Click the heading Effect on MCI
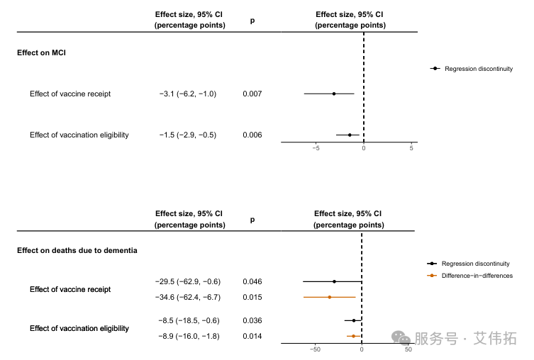pyautogui.click(x=41, y=53)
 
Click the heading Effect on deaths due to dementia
pyautogui.click(x=77, y=250)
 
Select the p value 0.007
pyautogui.click(x=252, y=94)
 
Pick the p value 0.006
pyautogui.click(x=252, y=135)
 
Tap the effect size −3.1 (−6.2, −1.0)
pyautogui.click(x=188, y=94)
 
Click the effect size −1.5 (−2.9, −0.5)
pyautogui.click(x=188, y=135)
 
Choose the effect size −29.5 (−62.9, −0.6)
pyautogui.click(x=188, y=281)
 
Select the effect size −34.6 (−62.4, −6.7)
pyautogui.click(x=188, y=297)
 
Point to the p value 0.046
pyautogui.click(x=252, y=281)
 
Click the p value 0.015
pyautogui.click(x=252, y=297)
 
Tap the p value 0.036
pyautogui.click(x=252, y=320)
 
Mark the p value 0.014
pyautogui.click(x=252, y=336)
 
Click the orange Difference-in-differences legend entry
pyautogui.click(x=472, y=276)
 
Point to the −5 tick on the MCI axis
pyautogui.click(x=316, y=147)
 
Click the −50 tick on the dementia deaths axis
pyautogui.click(x=316, y=349)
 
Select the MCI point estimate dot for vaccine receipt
pyautogui.click(x=334, y=94)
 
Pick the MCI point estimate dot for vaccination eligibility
pyautogui.click(x=350, y=135)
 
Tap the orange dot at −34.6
pyautogui.click(x=330, y=297)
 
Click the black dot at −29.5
pyautogui.click(x=334, y=281)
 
